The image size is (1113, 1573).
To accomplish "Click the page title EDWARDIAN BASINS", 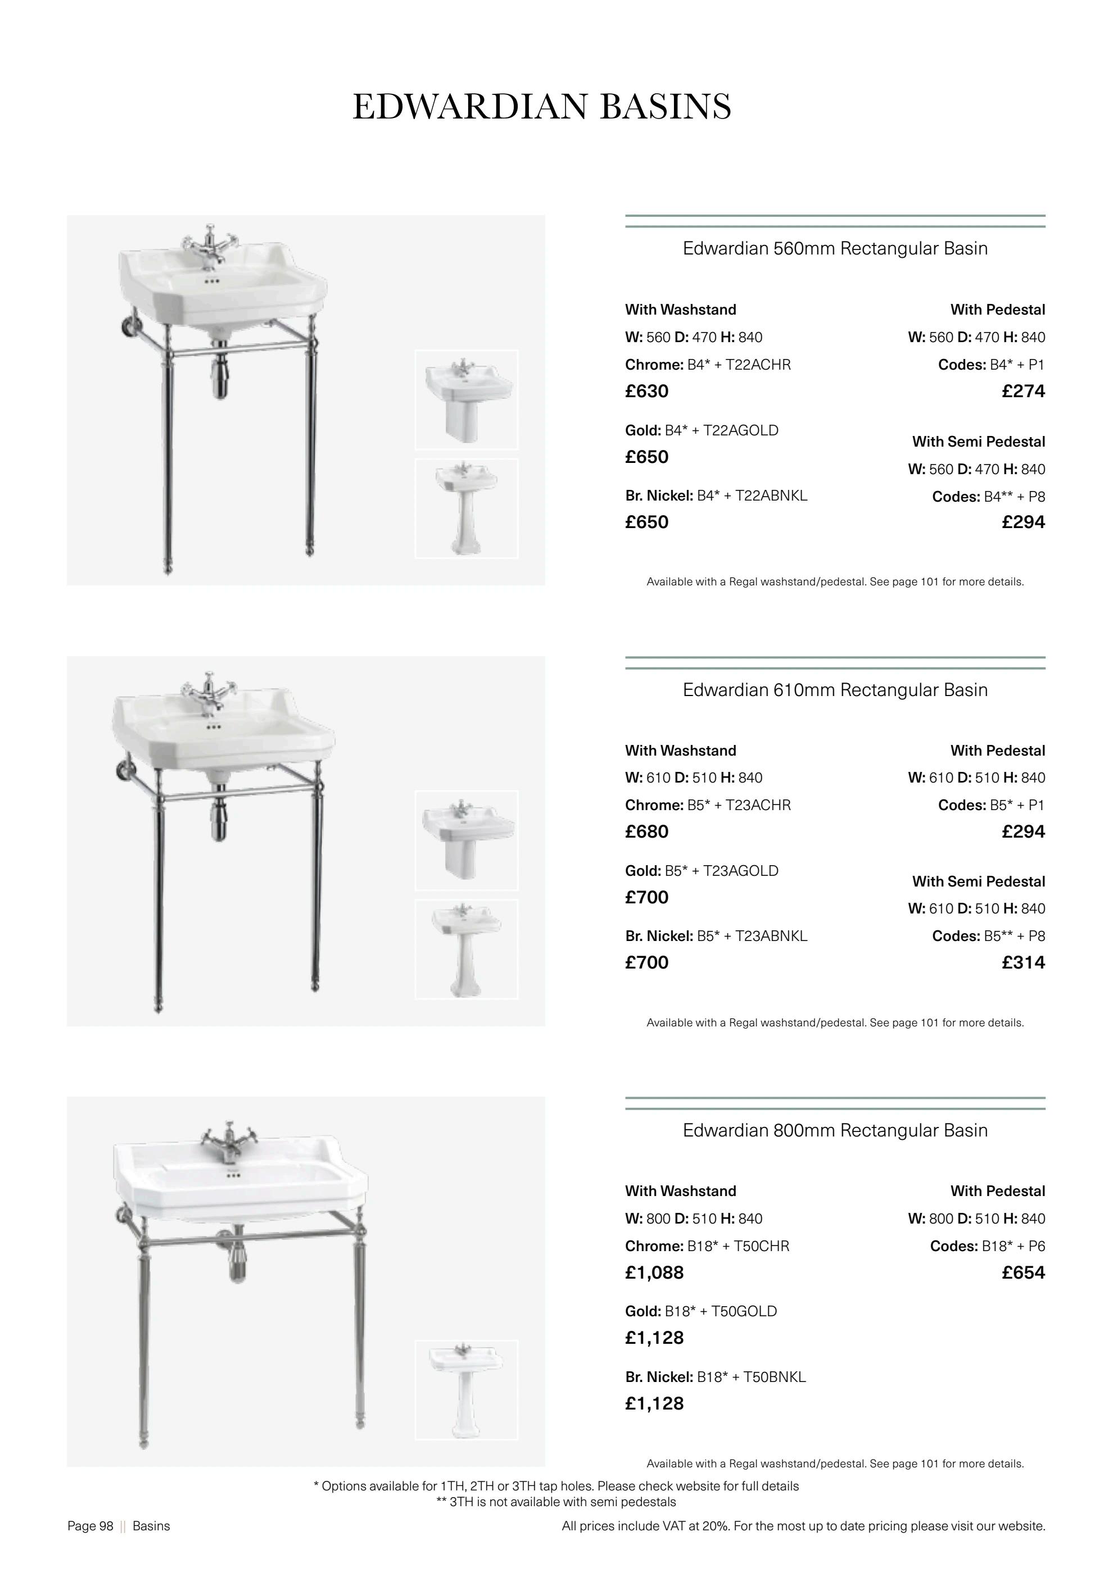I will coord(541,107).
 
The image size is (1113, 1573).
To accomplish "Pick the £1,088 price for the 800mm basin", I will coord(654,1272).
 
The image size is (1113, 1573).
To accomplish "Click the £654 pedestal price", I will coord(1022,1272).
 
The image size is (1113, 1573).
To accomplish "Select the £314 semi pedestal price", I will coord(1022,962).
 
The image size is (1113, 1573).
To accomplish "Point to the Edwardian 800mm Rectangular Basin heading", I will coord(835,1130).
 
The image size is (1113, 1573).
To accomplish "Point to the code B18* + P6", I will coord(1013,1245).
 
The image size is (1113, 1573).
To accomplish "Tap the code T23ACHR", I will coord(762,805).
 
